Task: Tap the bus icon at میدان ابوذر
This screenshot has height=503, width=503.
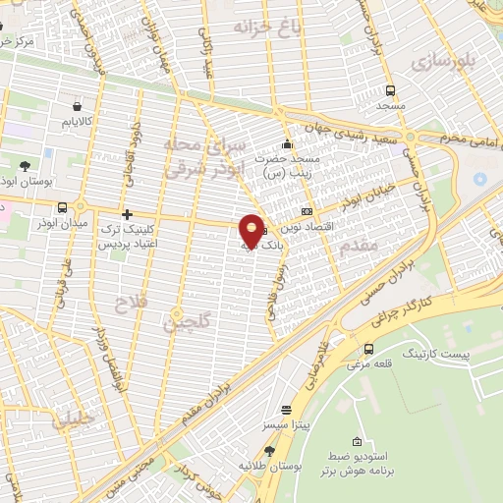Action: point(64,207)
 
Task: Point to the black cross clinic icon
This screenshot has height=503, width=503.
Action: point(126,213)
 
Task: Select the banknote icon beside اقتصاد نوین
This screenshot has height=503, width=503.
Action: point(307,210)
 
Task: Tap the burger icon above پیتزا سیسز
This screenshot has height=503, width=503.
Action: point(286,410)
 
